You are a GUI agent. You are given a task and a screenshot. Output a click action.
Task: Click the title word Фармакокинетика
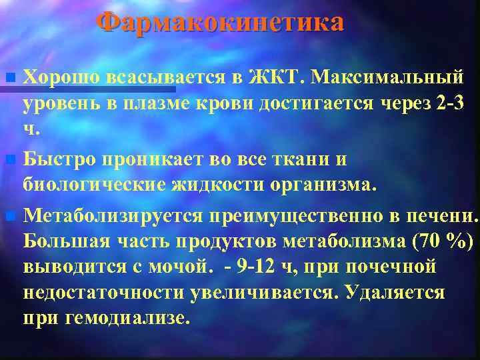tap(220, 23)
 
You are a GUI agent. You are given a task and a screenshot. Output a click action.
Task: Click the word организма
tap(324, 183)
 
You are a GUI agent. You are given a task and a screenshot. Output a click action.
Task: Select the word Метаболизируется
tap(113, 216)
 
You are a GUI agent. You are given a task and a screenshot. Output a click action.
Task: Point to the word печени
tap(441, 216)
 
